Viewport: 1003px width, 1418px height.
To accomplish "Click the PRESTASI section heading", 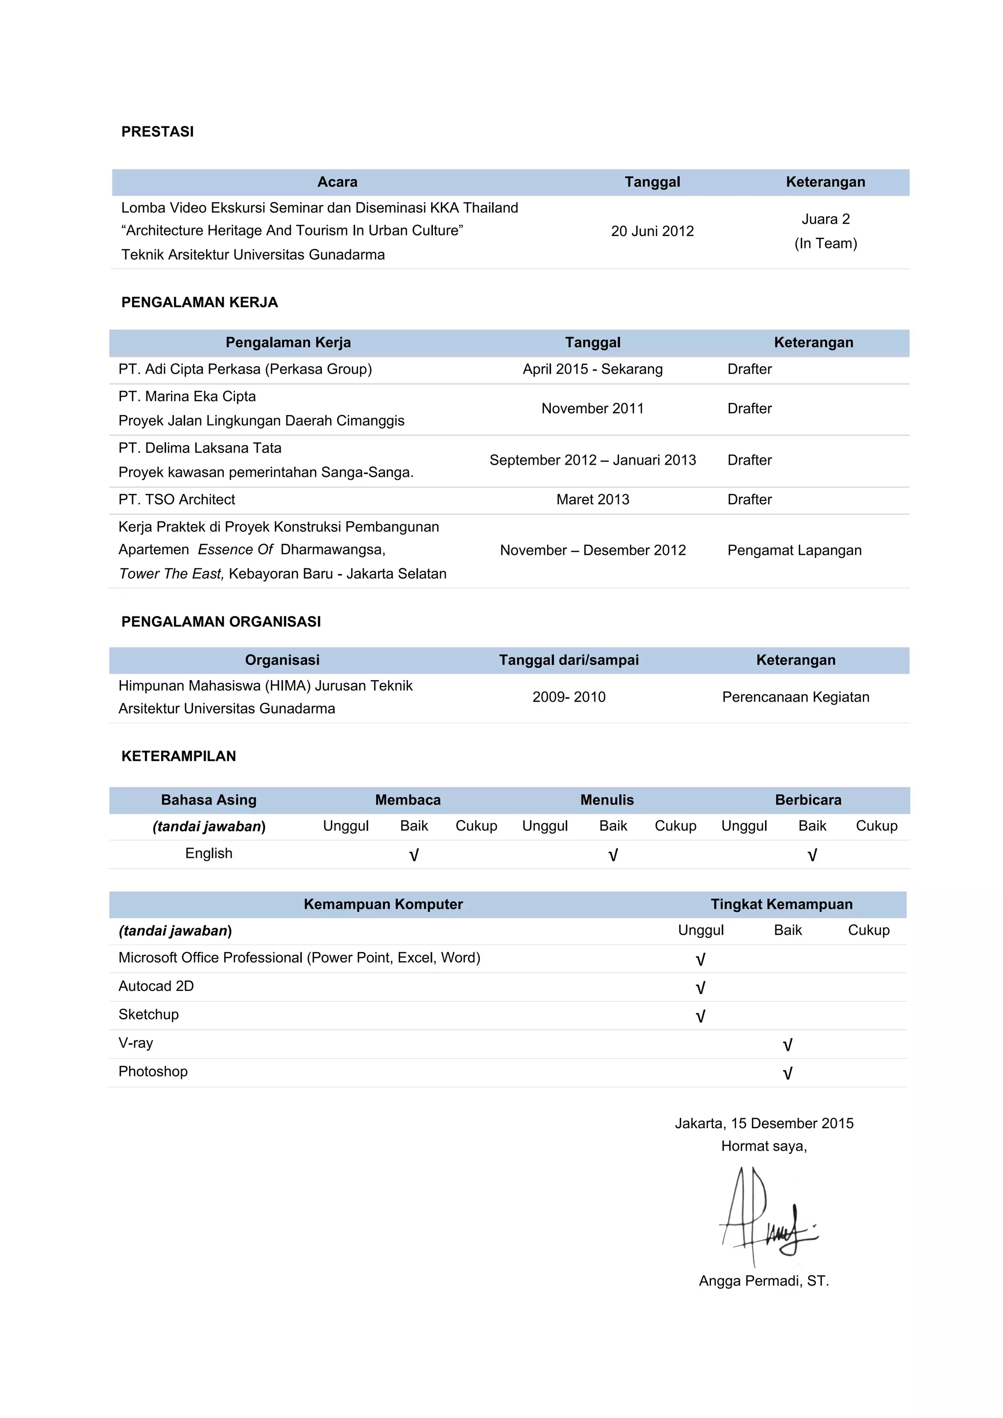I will tap(158, 132).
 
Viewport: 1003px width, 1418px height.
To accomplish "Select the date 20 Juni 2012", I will tap(652, 231).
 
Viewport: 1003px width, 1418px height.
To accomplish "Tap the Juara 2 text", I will tap(825, 219).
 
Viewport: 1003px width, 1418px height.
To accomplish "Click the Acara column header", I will tap(337, 182).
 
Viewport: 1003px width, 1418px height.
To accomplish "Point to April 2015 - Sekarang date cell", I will tap(592, 369).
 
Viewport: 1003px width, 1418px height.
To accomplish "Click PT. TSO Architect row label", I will tap(177, 499).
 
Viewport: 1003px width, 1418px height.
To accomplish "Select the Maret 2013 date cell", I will tap(592, 499).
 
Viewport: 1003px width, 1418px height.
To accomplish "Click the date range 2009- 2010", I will tap(569, 697).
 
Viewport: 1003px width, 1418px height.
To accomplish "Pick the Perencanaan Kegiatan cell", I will tap(795, 697).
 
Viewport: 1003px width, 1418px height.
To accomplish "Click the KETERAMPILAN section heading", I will tap(178, 756).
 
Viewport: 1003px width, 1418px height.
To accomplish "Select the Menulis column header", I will tap(606, 801).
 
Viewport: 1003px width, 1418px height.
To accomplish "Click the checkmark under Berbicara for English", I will tap(812, 855).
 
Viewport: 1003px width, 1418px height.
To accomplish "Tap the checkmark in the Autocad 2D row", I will tap(700, 989).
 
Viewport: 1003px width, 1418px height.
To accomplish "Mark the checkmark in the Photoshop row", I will tap(788, 1074).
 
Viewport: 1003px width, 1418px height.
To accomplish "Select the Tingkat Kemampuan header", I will tap(781, 905).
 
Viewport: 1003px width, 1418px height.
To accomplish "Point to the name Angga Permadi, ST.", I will tap(764, 1281).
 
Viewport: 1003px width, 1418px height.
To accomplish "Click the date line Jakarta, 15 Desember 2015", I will tap(764, 1123).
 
